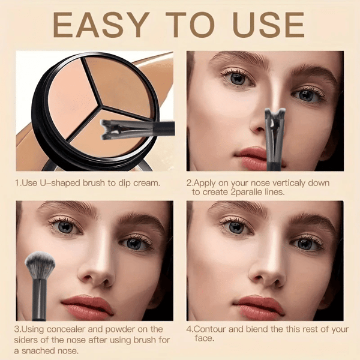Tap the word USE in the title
tap(269, 25)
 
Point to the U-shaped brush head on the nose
tap(275, 116)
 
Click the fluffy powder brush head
tap(40, 264)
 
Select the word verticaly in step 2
tap(286, 183)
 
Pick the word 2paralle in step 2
tap(247, 192)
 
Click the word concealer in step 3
tap(66, 329)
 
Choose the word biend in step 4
tap(257, 329)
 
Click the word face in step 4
tap(203, 338)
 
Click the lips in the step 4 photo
tap(259, 306)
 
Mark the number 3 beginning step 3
tap(16, 329)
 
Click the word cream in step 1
tap(146, 183)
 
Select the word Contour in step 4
tap(210, 329)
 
